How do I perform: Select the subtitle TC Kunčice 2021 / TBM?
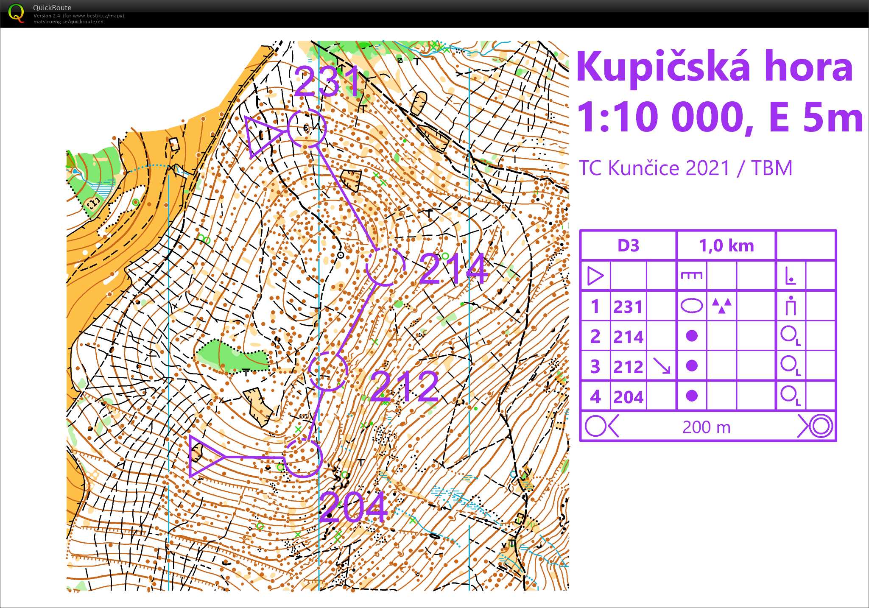685,168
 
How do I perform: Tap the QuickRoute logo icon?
16,13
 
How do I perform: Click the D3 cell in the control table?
628,245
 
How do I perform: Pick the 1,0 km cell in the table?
726,245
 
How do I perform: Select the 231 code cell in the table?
628,306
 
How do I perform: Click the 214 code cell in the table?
628,336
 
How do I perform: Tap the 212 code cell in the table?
628,366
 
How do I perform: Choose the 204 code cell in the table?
628,396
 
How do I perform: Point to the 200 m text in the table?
707,427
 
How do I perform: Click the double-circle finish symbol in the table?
820,426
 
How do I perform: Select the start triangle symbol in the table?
595,276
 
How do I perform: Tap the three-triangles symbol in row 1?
721,305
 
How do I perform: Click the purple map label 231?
327,81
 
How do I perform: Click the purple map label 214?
453,269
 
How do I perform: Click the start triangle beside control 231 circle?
261,135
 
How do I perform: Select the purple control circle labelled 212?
328,371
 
